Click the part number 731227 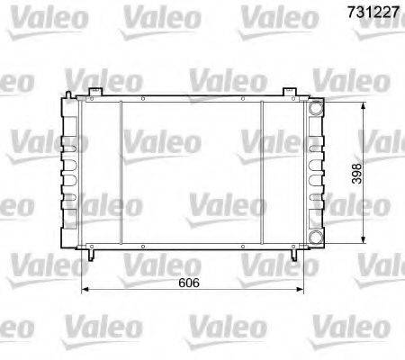[x=373, y=13]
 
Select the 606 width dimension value [x=189, y=283]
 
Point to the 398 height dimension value [x=356, y=174]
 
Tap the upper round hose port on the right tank [x=316, y=108]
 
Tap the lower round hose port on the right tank [x=316, y=238]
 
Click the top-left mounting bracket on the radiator [x=95, y=92]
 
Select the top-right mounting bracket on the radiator [x=290, y=92]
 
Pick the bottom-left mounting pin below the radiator [x=91, y=254]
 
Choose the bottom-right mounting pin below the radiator [x=294, y=254]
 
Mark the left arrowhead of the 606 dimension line [x=85, y=289]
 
